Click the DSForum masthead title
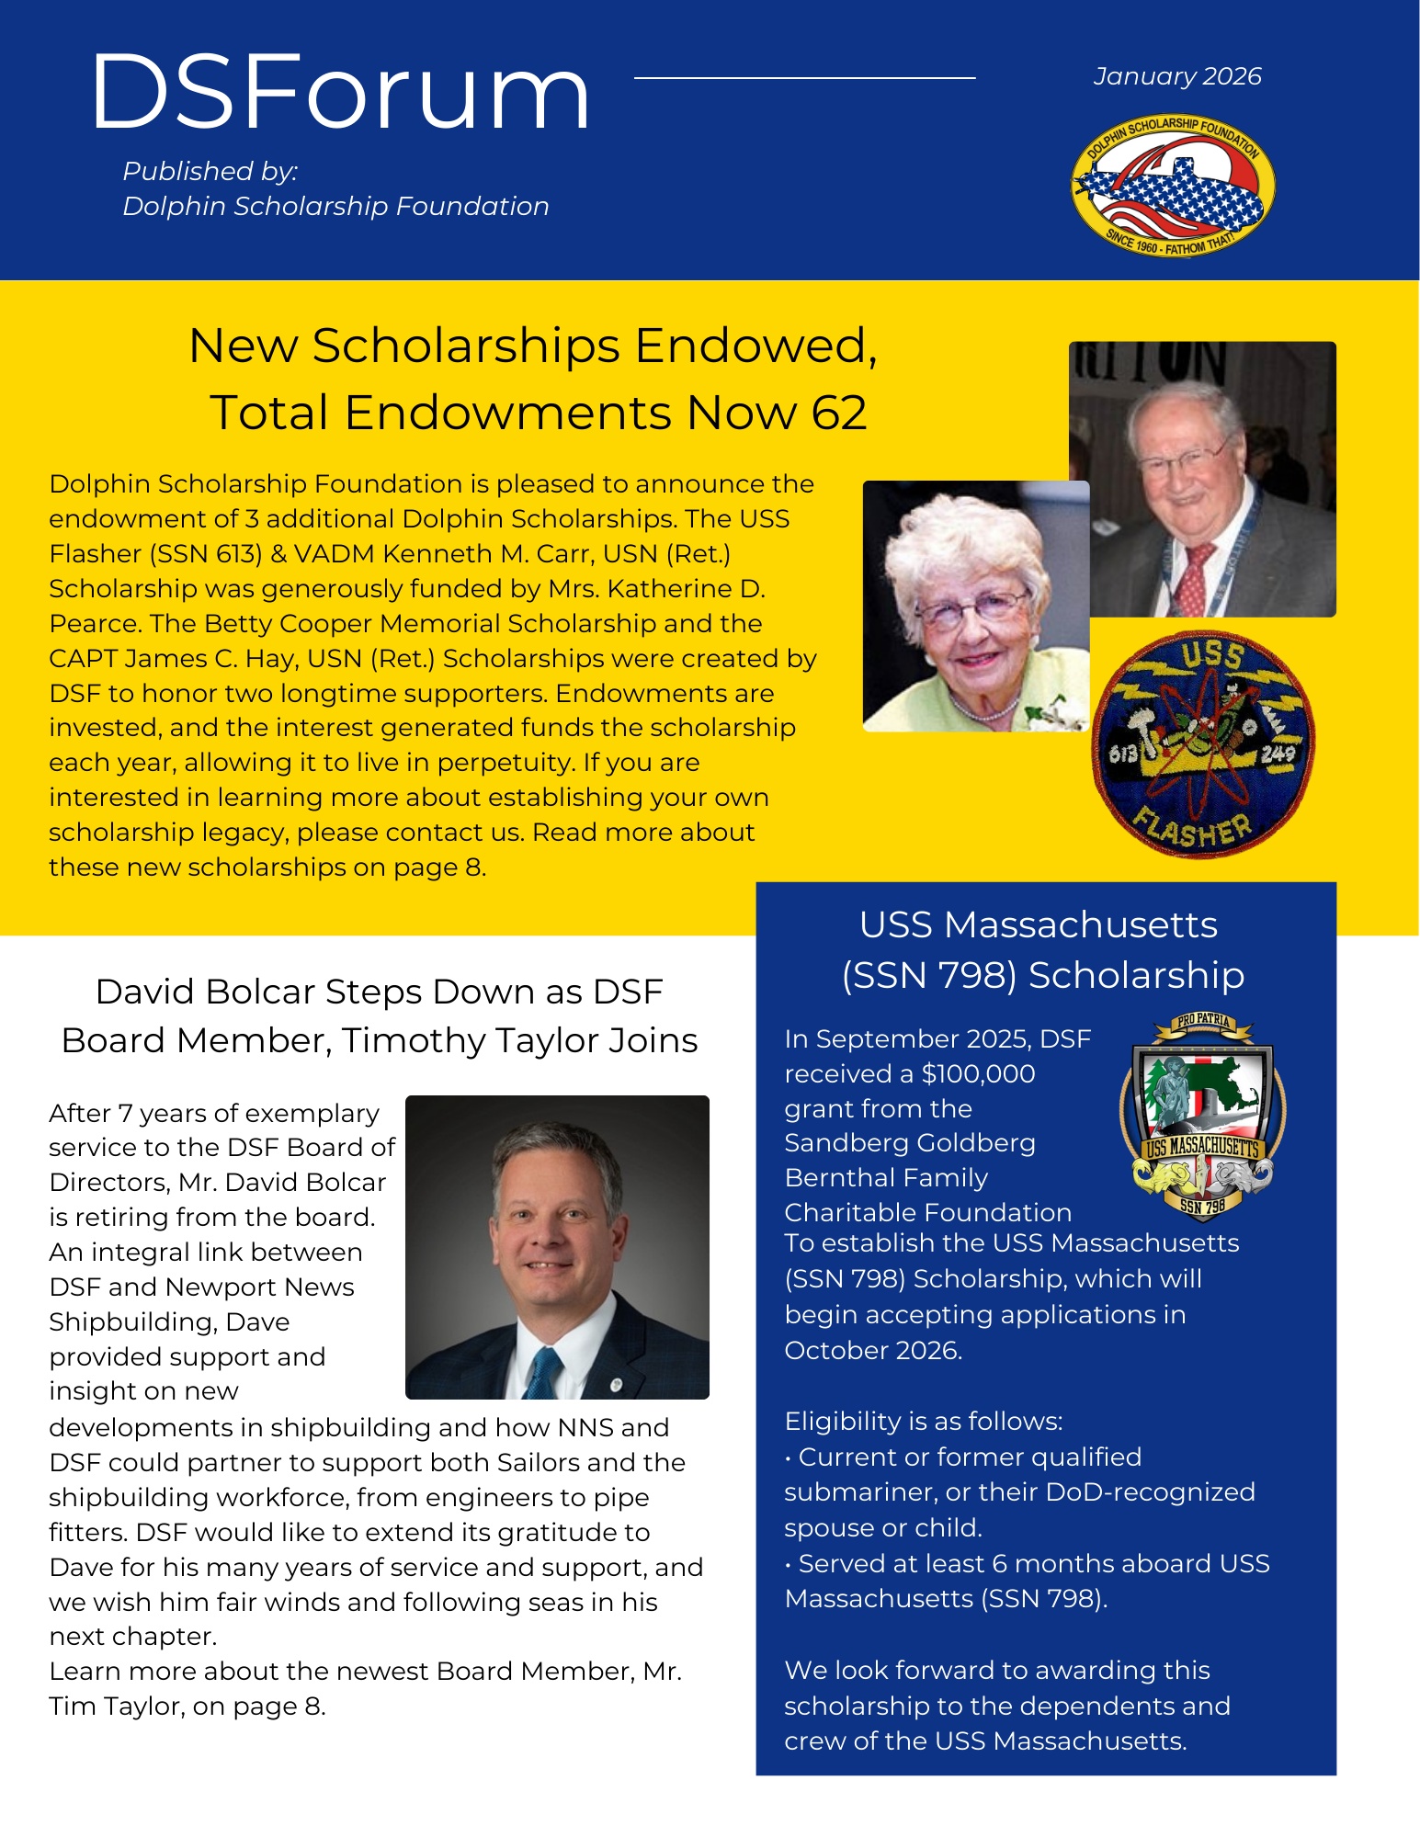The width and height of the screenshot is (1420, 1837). pos(340,92)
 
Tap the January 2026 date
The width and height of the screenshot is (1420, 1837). pos(1176,76)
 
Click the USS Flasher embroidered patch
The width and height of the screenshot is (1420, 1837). pos(1202,743)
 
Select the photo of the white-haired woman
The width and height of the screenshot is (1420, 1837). pos(975,607)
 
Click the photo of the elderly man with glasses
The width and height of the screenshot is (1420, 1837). pos(1202,479)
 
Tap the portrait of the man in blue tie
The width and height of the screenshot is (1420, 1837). pos(557,1246)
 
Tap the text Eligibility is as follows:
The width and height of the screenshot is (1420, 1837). pos(923,1421)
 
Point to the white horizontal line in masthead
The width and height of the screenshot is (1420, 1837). pos(804,78)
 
